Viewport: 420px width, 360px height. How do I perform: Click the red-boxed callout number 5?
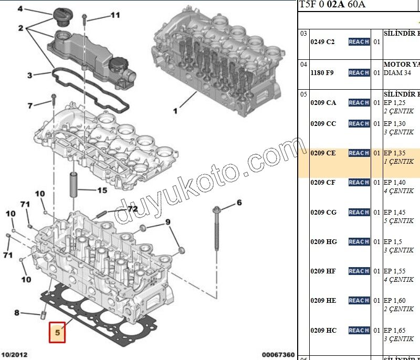click(x=57, y=332)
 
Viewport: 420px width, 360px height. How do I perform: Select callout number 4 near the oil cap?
click(x=20, y=9)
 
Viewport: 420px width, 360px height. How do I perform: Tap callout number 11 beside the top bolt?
click(x=114, y=16)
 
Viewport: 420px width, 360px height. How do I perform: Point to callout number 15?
click(x=101, y=190)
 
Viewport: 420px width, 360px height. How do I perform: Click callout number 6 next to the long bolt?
click(x=239, y=203)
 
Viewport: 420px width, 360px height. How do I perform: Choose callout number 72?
click(x=132, y=209)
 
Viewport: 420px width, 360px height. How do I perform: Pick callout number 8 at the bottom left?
click(x=17, y=313)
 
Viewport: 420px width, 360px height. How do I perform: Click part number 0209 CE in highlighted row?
click(x=323, y=153)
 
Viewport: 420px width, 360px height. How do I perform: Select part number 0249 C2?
click(x=322, y=42)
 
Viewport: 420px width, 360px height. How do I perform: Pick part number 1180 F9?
click(x=322, y=73)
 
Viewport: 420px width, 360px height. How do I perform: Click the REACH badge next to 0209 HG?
click(x=359, y=242)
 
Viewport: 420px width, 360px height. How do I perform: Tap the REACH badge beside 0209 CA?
click(x=359, y=103)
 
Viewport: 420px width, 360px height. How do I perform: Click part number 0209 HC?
click(x=323, y=331)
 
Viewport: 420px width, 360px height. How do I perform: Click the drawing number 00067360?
click(x=278, y=355)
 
